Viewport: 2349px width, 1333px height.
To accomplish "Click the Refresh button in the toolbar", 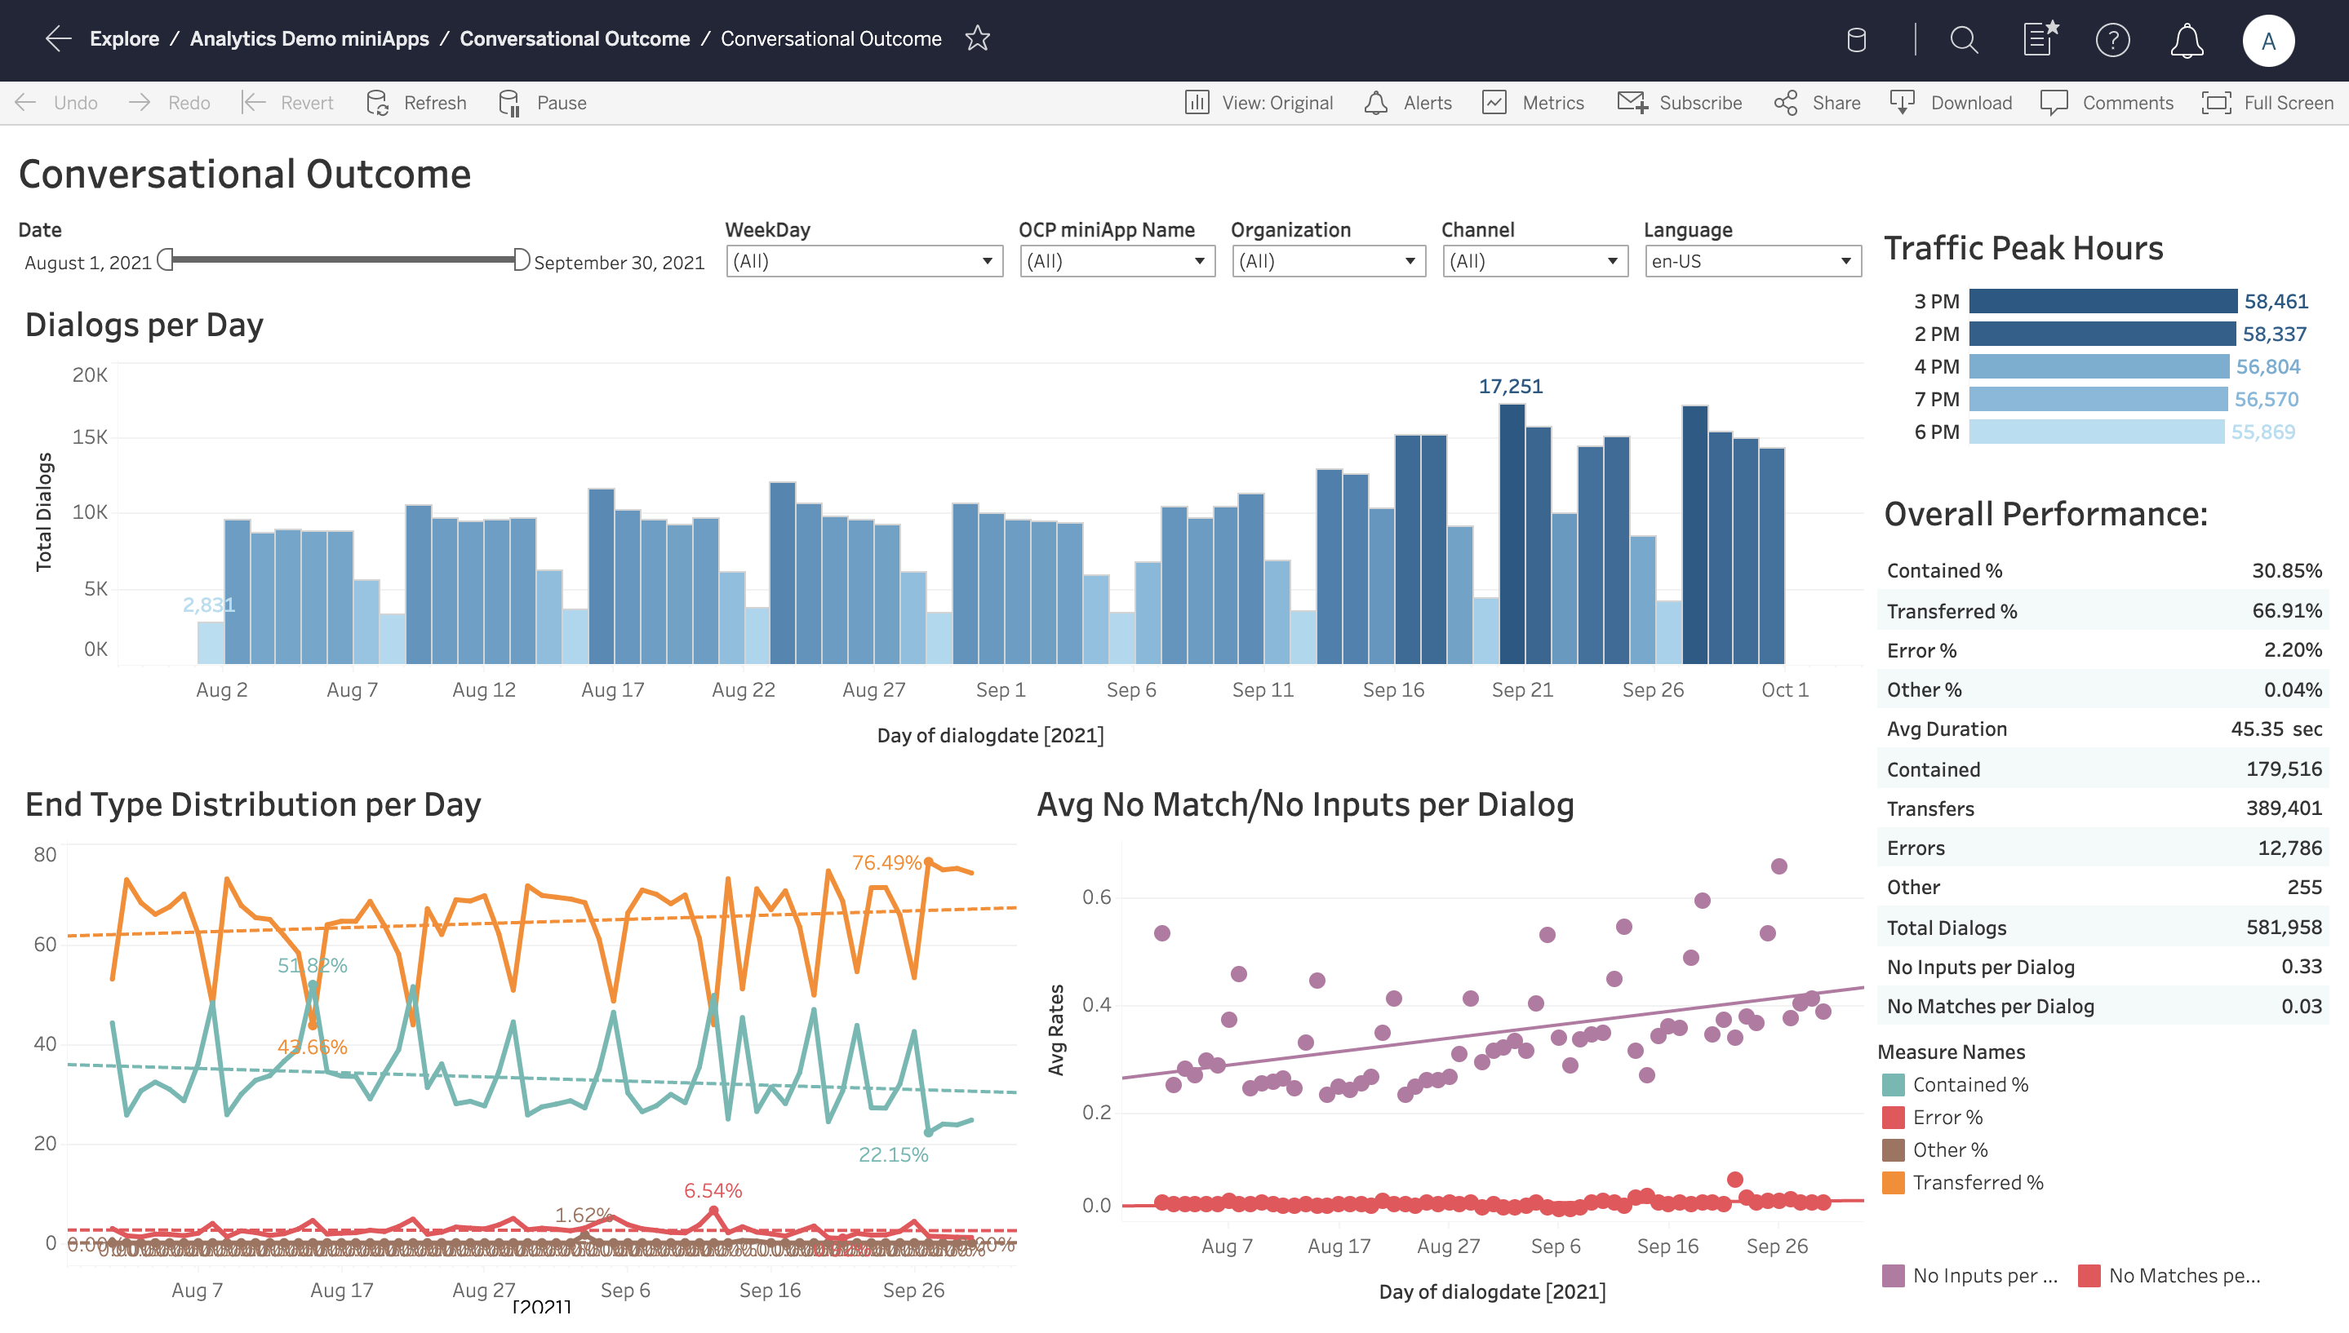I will coord(417,103).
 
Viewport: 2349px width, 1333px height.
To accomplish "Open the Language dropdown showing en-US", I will coord(1752,262).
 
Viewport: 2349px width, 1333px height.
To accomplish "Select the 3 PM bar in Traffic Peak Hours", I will coord(2102,301).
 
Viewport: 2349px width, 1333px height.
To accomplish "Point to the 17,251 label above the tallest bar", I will coord(1510,387).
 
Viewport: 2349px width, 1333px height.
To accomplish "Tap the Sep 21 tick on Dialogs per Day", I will coord(1522,690).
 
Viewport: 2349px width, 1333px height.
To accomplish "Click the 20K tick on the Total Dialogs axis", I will coord(90,374).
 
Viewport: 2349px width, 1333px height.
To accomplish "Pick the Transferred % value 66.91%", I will coord(2286,611).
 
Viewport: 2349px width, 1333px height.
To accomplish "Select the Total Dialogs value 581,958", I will coord(2283,928).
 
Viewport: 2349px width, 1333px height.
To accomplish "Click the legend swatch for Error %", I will coord(1893,1118).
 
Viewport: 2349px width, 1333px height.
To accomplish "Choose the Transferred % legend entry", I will coord(1976,1183).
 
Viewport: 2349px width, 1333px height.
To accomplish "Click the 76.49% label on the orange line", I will coord(886,862).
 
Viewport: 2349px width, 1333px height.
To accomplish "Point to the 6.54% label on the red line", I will coord(713,1190).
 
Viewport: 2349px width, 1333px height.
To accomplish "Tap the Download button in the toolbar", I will coord(1952,103).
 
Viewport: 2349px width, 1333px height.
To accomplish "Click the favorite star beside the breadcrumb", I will coord(977,38).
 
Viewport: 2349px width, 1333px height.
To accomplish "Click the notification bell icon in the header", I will coord(2186,40).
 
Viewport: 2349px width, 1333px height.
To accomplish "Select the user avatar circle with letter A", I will coord(2267,40).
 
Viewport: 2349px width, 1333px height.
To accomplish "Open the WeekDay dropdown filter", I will coord(864,262).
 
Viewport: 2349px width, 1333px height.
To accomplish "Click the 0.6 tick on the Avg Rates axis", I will coord(1096,897).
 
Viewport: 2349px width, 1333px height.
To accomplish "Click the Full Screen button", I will coord(2267,103).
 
